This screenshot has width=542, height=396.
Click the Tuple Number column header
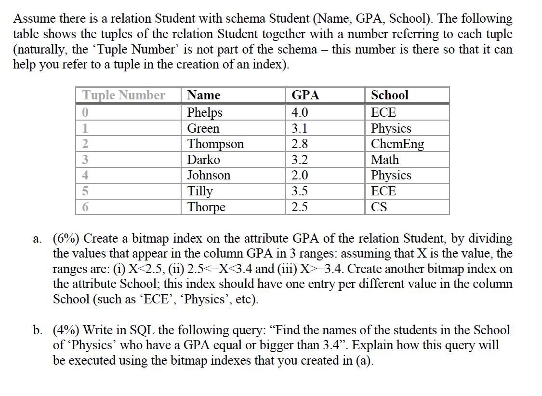point(124,95)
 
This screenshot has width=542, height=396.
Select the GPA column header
point(305,95)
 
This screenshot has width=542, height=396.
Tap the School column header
point(390,95)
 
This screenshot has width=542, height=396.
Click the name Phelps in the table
point(205,112)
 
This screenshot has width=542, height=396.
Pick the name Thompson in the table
point(215,144)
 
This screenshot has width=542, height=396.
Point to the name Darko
point(203,160)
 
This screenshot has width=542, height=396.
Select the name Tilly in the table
point(200,191)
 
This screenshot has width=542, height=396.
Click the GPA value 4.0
point(300,112)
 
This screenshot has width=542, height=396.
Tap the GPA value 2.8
point(300,144)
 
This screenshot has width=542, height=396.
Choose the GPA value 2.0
point(300,175)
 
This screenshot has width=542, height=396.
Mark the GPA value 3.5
point(300,191)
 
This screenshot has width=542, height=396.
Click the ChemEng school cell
point(397,144)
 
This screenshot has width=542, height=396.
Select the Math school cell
point(385,160)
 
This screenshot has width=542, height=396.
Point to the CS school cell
point(379,207)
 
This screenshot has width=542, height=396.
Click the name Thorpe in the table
point(206,207)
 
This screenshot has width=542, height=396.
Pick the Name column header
point(203,95)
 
